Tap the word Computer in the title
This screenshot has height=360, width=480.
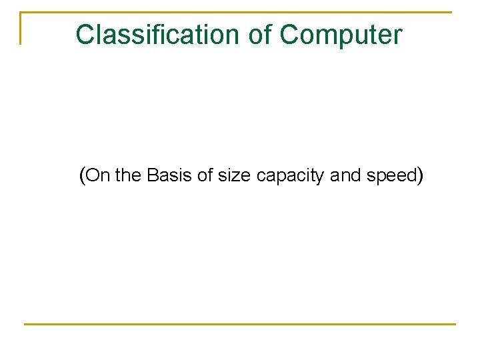(341, 34)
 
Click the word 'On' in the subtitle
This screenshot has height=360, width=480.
(99, 176)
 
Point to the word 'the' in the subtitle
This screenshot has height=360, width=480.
(129, 176)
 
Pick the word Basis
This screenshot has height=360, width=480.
(169, 176)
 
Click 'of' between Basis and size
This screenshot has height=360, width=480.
(205, 176)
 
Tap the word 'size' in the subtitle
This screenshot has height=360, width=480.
(234, 176)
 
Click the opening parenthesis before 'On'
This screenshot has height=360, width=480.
(82, 176)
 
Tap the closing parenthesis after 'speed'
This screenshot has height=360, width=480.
(420, 176)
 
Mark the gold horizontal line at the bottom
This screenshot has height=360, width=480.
(240, 324)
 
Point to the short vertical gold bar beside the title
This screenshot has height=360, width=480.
(21, 28)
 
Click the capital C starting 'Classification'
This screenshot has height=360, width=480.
(85, 34)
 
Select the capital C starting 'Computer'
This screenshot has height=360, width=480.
(289, 34)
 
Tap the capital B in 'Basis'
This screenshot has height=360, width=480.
(151, 176)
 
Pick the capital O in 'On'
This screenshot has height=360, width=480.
(94, 176)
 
